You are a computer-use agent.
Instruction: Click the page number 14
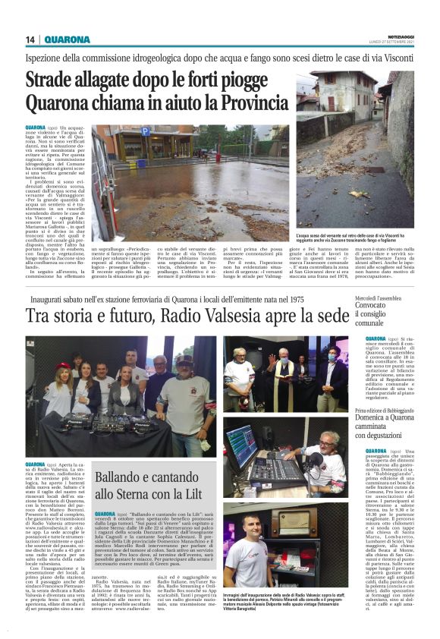(30, 39)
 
